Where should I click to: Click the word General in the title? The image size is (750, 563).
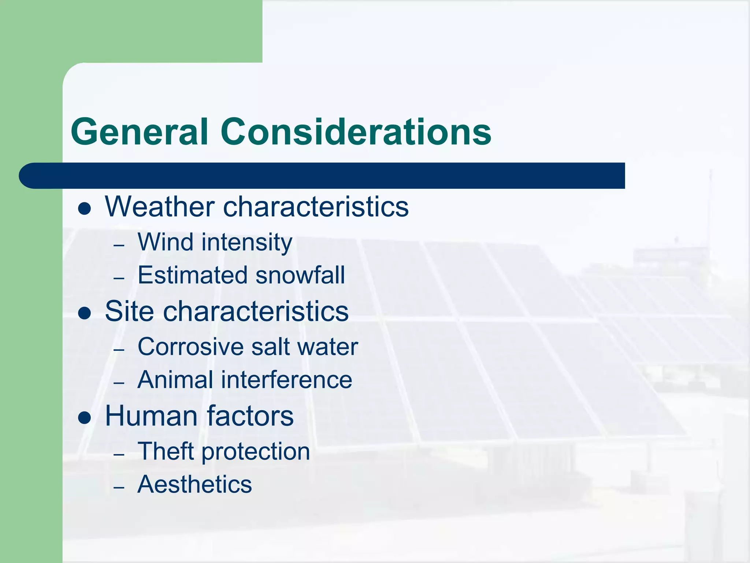(140, 132)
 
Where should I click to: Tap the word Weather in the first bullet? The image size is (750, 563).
(160, 207)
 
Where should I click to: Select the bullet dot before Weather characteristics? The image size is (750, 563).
(85, 209)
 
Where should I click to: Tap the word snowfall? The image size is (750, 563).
(300, 275)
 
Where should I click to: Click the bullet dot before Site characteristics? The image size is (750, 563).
(85, 313)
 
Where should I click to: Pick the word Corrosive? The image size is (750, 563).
(190, 347)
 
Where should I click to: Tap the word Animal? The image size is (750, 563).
(175, 380)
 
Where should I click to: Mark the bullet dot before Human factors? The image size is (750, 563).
(85, 418)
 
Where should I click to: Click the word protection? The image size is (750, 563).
(256, 452)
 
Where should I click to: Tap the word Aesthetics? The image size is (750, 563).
(194, 484)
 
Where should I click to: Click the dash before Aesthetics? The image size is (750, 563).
(119, 488)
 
